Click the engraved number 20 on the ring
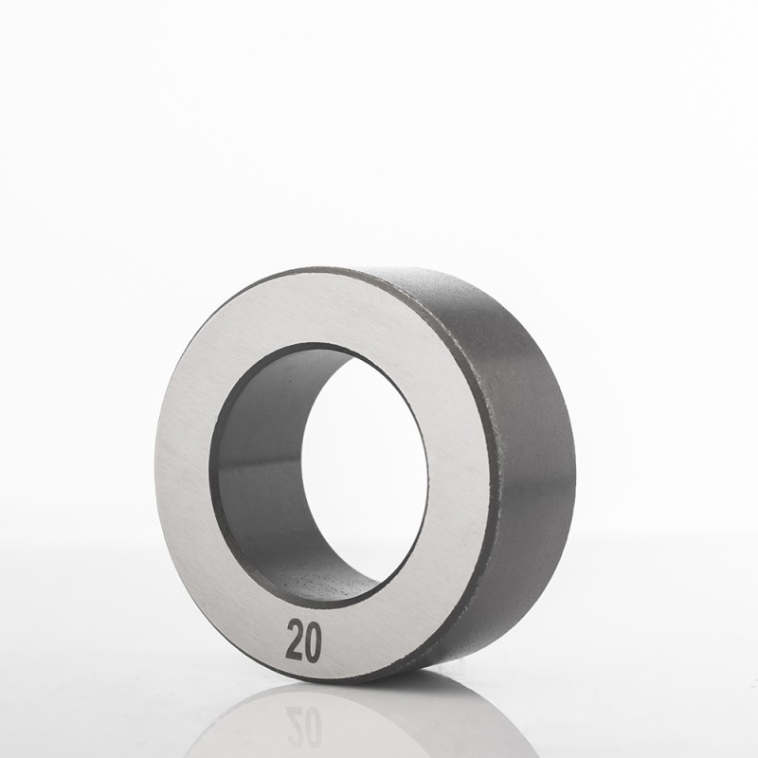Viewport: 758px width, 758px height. point(304,641)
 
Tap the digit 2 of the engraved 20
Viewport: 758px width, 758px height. point(295,641)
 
